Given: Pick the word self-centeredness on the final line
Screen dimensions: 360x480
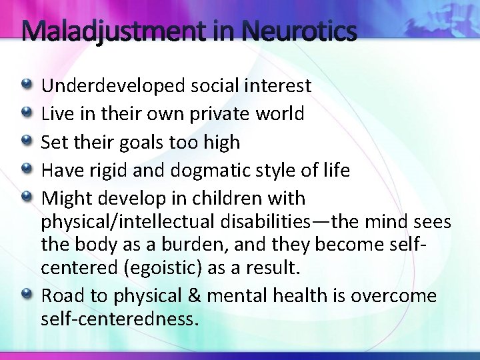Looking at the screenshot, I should point(119,319).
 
